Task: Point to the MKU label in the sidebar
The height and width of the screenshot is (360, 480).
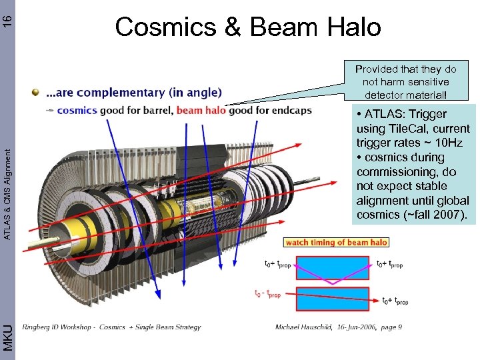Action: pos(7,337)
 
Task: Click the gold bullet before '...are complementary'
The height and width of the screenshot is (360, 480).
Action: pos(35,91)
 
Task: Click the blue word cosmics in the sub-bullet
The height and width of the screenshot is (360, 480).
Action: pos(77,110)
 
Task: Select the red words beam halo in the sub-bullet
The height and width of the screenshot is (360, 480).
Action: pos(200,110)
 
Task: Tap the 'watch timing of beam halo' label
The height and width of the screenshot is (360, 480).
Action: pos(337,243)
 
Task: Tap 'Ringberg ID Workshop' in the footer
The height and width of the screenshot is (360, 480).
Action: pos(51,327)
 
